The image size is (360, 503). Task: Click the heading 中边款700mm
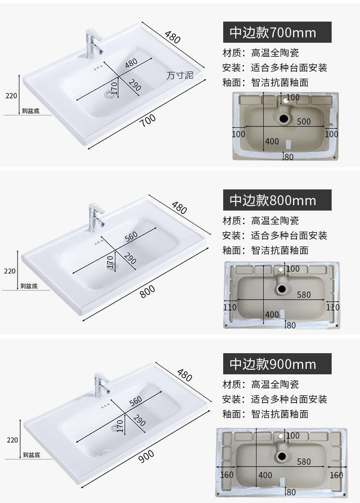[x=277, y=32]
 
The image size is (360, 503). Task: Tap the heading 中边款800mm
[x=277, y=200]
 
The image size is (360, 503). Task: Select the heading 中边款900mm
[x=277, y=364]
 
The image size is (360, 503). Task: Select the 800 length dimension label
[x=148, y=292]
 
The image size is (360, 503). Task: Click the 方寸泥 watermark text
[x=180, y=75]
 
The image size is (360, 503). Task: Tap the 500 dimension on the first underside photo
[x=304, y=121]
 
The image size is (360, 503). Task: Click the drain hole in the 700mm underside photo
[x=284, y=119]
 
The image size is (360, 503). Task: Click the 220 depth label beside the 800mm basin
[x=9, y=271]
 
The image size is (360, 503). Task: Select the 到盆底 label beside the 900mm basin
[x=31, y=455]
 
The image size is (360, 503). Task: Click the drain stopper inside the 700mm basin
[x=109, y=95]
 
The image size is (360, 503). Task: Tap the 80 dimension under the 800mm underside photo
[x=291, y=325]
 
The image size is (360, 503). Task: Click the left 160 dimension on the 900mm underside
[x=226, y=475]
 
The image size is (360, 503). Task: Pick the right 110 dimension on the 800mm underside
[x=333, y=307]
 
